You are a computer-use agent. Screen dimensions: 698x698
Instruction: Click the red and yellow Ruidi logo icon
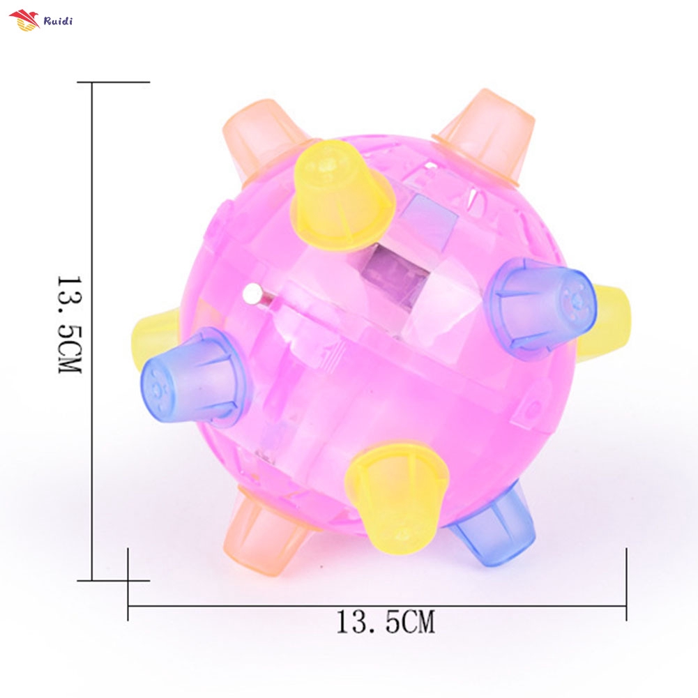point(24,21)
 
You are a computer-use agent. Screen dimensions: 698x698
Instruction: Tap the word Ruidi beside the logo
point(58,20)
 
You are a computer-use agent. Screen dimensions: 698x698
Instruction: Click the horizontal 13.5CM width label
point(385,621)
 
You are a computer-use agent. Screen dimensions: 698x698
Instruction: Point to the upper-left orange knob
point(258,136)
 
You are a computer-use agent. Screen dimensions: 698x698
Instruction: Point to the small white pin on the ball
point(251,296)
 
